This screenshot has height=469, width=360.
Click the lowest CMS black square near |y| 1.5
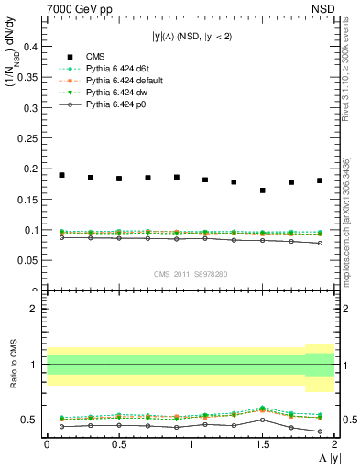click(x=263, y=191)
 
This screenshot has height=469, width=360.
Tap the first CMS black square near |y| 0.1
click(x=61, y=175)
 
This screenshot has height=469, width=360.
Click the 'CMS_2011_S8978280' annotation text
click(x=191, y=274)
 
